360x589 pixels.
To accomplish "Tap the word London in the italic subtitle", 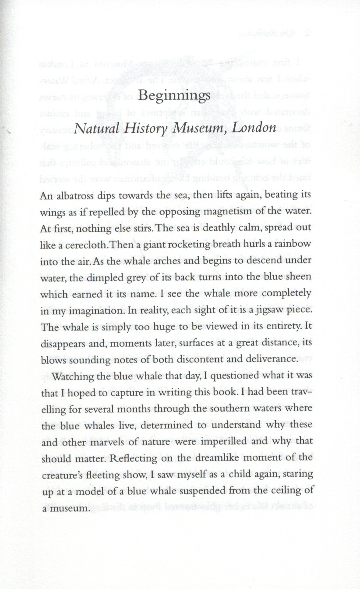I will tap(254, 128).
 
